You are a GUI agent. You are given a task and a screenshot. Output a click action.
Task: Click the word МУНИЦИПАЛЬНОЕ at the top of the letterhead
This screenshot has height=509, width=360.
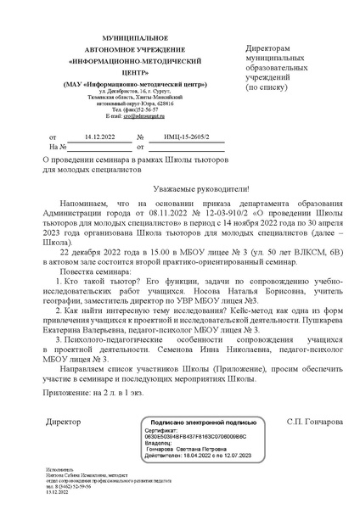[117, 40]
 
